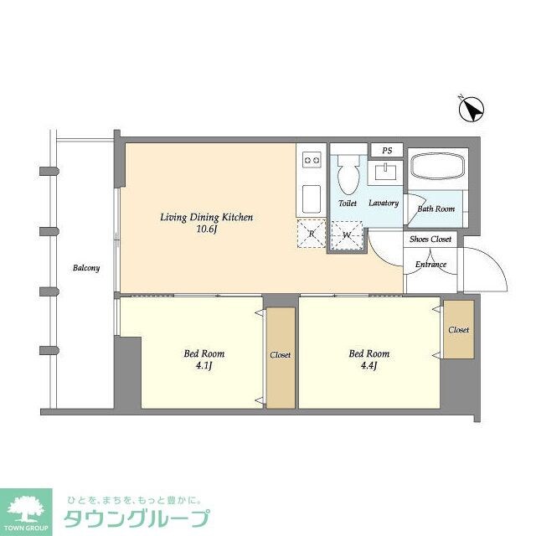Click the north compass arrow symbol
475,109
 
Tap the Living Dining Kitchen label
207,218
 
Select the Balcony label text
85,268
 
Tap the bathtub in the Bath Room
438,167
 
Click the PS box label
386,151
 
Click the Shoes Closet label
430,240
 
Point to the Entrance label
430,265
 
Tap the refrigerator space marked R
312,234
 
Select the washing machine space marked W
346,234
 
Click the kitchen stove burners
312,159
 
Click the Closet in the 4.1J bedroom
281,355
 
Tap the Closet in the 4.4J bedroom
458,330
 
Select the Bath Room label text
435,209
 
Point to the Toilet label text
347,204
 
